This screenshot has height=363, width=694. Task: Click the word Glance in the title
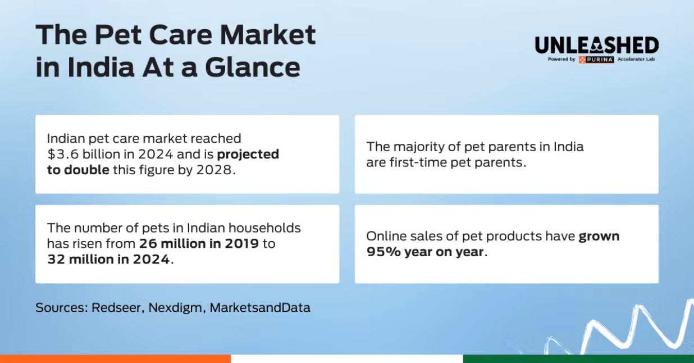coord(253,67)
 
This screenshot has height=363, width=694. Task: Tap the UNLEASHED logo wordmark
coord(597,46)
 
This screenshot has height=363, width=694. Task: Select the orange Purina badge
coord(596,60)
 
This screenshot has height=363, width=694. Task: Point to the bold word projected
coord(248,155)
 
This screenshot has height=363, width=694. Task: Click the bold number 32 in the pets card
coord(56,259)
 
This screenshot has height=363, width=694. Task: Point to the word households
coord(264,228)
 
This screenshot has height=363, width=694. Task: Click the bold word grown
coord(599,237)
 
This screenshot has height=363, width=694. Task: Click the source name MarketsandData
coord(260,307)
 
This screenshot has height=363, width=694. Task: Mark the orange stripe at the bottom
coord(115,359)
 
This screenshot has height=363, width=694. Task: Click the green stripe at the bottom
coord(578,359)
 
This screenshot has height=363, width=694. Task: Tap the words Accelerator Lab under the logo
coord(636,59)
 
